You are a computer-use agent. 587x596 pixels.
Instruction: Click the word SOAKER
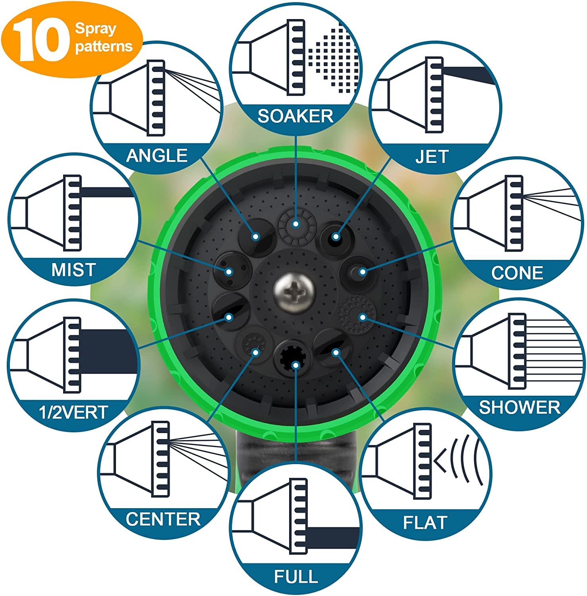click(x=295, y=116)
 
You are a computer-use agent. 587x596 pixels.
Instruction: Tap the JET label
click(x=432, y=157)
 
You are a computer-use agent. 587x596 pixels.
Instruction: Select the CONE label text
click(x=517, y=273)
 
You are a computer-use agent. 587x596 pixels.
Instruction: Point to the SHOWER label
click(x=519, y=407)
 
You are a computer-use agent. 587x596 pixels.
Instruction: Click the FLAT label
click(x=425, y=522)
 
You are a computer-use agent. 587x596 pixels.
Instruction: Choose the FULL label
click(x=296, y=577)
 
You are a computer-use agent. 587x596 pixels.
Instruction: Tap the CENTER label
click(x=163, y=519)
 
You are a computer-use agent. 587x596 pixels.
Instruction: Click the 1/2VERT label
click(x=73, y=412)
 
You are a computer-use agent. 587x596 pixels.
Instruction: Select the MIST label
click(x=73, y=270)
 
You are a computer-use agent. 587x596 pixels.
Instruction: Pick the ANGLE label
click(x=157, y=155)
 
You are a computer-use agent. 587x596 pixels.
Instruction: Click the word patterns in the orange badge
click(x=104, y=46)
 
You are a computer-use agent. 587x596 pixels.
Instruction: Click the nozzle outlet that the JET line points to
click(x=336, y=237)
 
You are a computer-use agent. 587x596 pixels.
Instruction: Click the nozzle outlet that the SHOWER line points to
click(x=357, y=315)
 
